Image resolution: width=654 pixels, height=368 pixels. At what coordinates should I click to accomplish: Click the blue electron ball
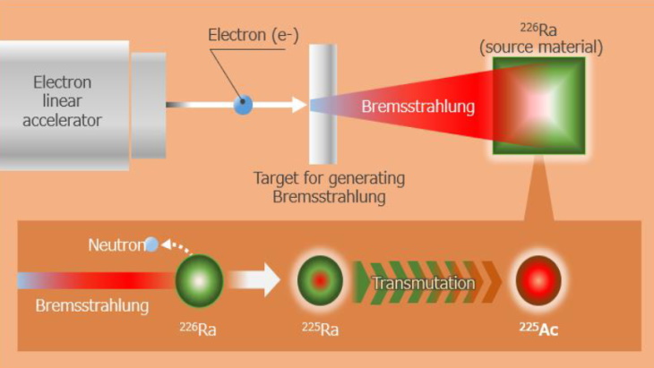(x=243, y=105)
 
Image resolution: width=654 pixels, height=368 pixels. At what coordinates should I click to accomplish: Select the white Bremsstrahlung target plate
(x=323, y=104)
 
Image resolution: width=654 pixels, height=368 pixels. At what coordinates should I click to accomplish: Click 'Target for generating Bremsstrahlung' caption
(x=328, y=186)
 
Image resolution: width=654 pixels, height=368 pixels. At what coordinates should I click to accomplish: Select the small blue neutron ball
(x=151, y=244)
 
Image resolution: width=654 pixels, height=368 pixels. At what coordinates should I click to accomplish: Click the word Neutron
(x=116, y=245)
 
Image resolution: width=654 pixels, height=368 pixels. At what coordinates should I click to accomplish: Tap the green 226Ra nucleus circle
(x=198, y=282)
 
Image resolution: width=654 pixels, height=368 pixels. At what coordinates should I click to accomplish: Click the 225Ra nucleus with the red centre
(x=320, y=282)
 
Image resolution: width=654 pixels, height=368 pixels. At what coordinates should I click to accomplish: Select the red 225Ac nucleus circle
(x=538, y=283)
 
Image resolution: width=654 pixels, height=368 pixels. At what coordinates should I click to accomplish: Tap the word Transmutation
(x=423, y=283)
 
